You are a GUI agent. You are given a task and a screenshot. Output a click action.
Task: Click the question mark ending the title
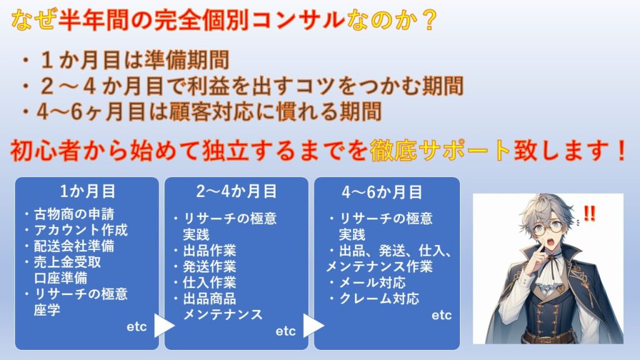(429, 21)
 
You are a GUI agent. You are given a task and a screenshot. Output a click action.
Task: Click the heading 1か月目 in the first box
(87, 191)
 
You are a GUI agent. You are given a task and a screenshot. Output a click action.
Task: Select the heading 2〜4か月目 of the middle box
(236, 191)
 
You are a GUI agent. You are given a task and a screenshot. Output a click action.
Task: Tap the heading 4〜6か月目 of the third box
(382, 192)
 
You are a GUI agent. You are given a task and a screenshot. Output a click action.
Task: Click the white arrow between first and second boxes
(164, 325)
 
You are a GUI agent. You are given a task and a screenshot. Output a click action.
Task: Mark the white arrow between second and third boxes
(314, 325)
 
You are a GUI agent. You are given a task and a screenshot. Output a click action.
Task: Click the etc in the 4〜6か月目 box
(442, 315)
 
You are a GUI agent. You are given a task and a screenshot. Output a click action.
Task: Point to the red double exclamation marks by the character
(589, 213)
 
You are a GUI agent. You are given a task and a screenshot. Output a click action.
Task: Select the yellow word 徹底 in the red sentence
(394, 150)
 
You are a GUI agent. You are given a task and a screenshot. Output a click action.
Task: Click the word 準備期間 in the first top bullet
(186, 60)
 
